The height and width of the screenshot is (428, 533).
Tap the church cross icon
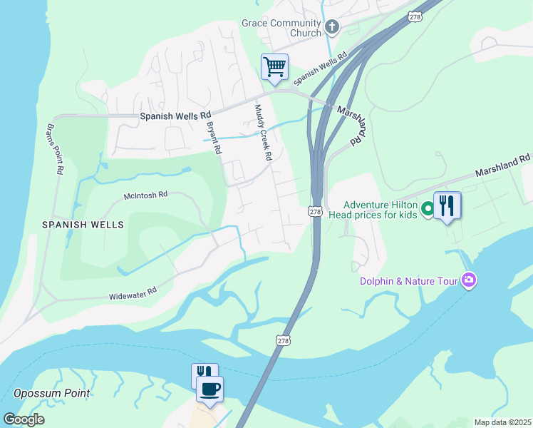tap(331, 28)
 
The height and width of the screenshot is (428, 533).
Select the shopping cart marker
tap(274, 68)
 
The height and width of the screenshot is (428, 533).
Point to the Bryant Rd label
tap(214, 138)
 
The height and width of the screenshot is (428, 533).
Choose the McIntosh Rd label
tap(145, 194)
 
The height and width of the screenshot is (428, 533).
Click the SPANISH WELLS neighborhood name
tap(83, 225)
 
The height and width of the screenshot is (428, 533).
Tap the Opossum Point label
tap(52, 393)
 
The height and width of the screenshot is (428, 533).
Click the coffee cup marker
tap(209, 389)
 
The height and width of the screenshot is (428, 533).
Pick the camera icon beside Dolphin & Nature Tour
tap(469, 280)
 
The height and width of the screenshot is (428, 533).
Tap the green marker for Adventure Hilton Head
tap(428, 209)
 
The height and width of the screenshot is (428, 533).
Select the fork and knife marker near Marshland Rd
tap(447, 206)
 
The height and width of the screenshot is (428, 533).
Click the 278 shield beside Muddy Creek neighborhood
tap(316, 211)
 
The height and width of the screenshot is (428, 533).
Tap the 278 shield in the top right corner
tap(415, 16)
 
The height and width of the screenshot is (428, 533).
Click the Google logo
tap(24, 419)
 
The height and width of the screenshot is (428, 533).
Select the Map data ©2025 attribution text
tap(502, 422)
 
